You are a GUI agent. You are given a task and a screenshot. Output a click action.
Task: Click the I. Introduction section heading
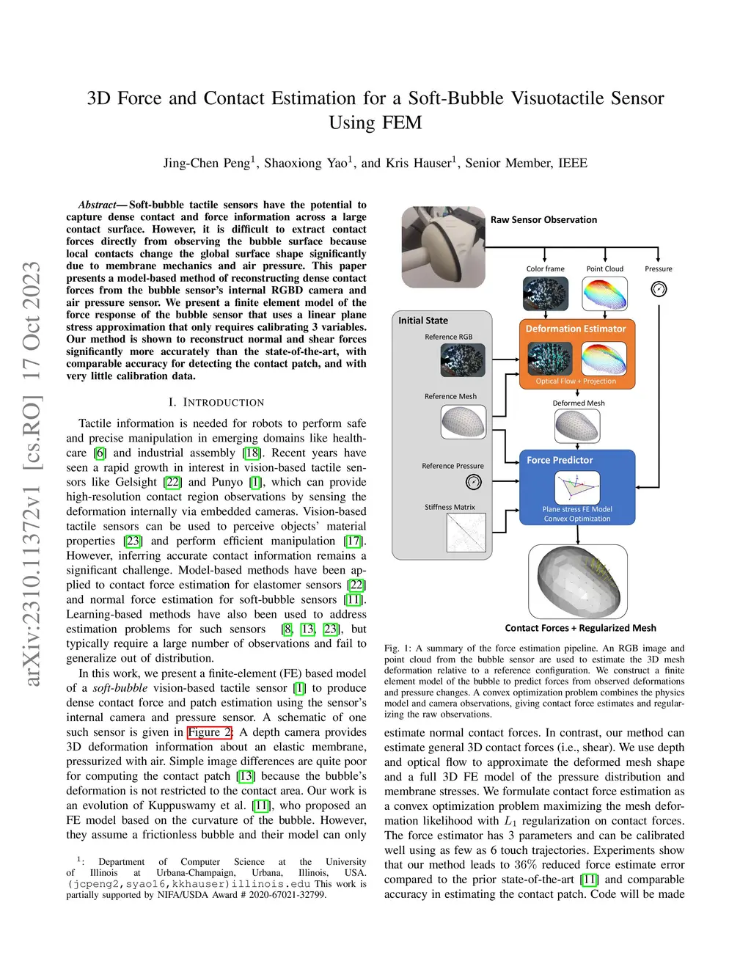[216, 402]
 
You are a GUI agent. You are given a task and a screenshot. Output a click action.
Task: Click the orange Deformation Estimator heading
[575, 329]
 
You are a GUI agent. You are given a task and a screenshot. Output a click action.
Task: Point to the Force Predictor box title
[560, 460]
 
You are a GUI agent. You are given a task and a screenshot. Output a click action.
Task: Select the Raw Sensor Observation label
[543, 219]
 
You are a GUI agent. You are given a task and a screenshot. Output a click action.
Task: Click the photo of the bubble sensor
[443, 247]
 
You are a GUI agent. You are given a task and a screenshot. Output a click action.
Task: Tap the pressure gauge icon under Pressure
[659, 289]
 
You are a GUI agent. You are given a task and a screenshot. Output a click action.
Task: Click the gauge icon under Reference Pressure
[473, 482]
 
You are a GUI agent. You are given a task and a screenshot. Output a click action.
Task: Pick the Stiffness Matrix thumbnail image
[466, 533]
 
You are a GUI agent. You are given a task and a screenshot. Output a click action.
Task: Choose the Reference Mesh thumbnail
[463, 422]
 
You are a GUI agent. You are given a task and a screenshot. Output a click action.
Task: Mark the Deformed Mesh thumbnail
[577, 426]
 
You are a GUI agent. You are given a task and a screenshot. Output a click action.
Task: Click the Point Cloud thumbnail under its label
[604, 293]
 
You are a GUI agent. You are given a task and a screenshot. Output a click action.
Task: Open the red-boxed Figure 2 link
[210, 732]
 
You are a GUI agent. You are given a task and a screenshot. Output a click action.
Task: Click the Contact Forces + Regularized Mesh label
[580, 628]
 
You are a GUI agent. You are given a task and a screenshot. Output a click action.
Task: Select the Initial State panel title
[423, 321]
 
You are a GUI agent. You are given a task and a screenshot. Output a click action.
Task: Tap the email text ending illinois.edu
[188, 884]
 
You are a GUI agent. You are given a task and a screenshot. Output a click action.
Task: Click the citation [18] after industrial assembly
[252, 453]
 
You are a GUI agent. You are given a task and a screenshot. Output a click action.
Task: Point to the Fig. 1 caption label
[398, 648]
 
